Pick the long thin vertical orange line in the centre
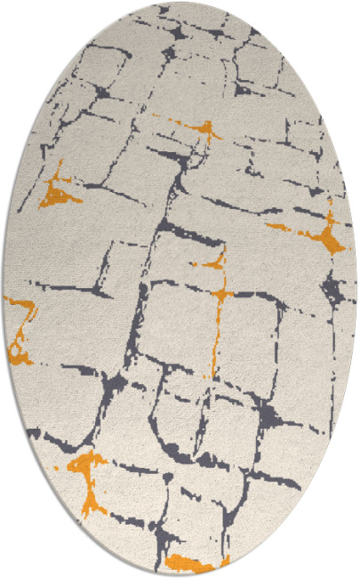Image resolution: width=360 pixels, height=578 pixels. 216,329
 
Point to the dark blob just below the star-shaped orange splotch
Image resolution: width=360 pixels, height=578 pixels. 333,289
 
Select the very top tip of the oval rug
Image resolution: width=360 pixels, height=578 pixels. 180,3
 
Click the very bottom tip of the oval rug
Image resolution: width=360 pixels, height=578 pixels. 180,574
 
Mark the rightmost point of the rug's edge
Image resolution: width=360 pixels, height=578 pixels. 357,289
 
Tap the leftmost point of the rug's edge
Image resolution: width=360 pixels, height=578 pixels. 3,289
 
